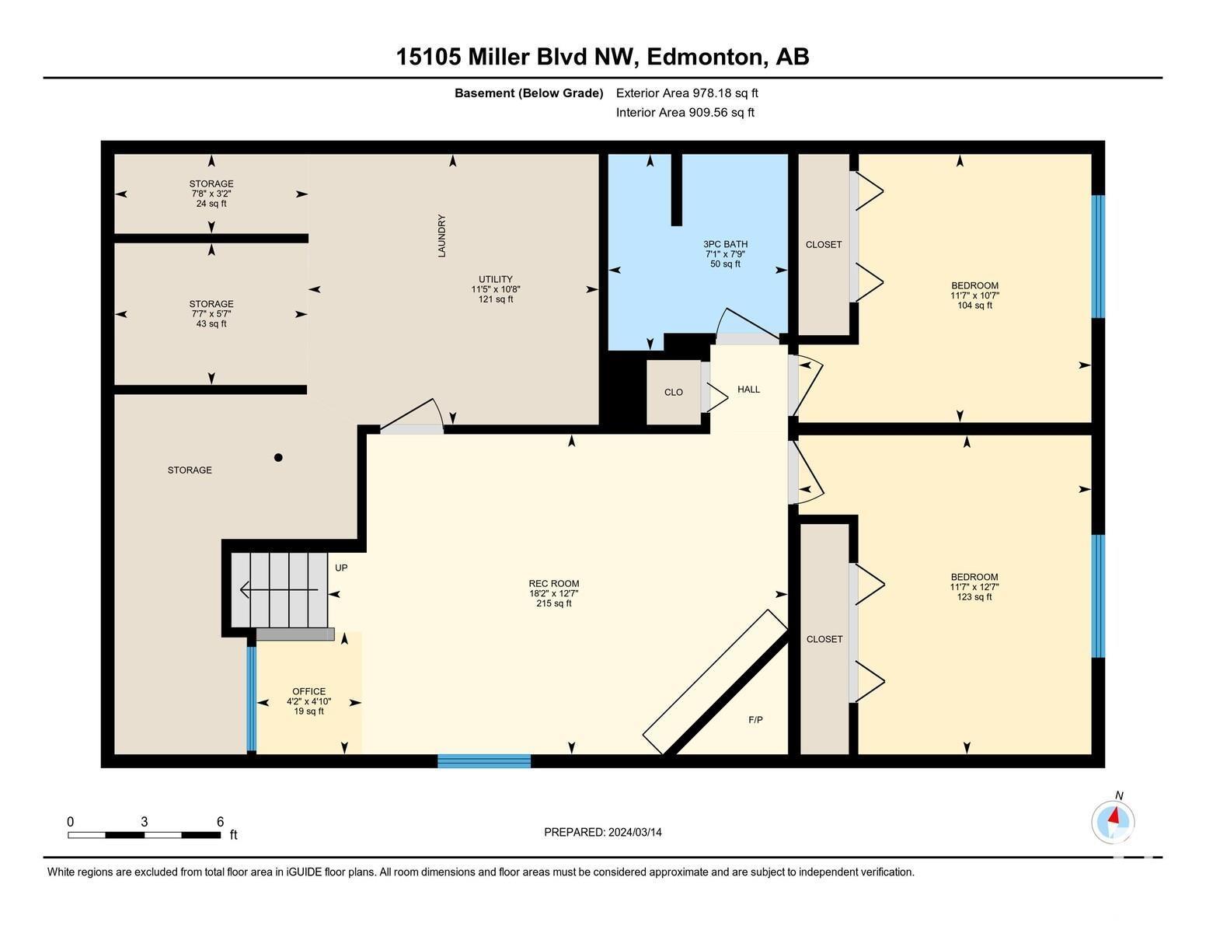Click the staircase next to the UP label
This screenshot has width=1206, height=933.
[279, 590]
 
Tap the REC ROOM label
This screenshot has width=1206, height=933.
[553, 583]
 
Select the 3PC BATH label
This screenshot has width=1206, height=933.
[725, 244]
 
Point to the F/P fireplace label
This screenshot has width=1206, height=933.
[755, 720]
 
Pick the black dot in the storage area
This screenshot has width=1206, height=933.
[279, 457]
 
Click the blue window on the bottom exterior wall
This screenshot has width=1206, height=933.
[484, 761]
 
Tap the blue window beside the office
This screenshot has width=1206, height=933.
[252, 698]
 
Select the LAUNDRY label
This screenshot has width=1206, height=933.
[442, 236]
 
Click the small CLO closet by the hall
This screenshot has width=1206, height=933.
[674, 392]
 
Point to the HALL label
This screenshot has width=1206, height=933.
[748, 389]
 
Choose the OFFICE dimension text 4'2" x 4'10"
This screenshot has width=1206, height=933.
[308, 701]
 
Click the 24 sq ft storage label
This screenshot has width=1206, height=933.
[211, 204]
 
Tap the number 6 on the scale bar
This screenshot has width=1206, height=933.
[221, 822]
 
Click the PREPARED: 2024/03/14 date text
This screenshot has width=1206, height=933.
[603, 833]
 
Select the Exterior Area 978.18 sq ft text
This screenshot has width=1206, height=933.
[686, 93]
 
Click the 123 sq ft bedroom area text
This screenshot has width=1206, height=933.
[974, 596]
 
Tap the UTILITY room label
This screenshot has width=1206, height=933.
[496, 279]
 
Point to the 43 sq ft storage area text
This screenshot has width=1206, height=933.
[211, 323]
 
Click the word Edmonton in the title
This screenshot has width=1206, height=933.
[704, 58]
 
